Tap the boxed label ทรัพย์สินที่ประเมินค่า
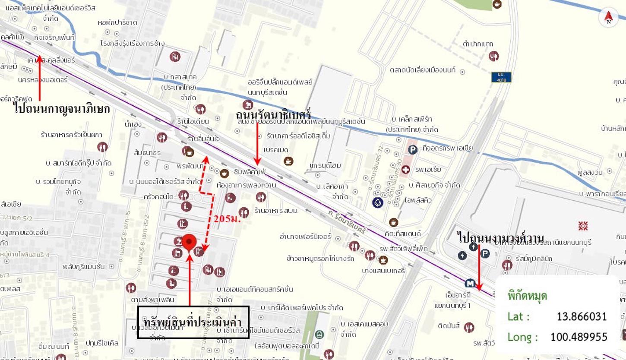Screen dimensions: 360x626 coord(193,322)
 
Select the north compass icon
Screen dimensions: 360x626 coord(609,18)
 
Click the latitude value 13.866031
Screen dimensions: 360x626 coord(582,316)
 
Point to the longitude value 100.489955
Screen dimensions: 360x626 coord(579,337)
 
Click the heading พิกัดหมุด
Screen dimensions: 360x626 coord(528,296)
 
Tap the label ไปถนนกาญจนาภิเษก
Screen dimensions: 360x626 coord(62,109)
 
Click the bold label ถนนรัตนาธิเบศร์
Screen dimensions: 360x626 coord(273,115)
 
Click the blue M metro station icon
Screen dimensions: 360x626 coord(470,283)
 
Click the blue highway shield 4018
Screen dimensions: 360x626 coord(501,77)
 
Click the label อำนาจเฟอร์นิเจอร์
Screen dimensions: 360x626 coord(305,236)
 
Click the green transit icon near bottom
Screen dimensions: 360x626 coord(319,334)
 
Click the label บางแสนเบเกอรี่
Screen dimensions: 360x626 coord(384,271)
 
